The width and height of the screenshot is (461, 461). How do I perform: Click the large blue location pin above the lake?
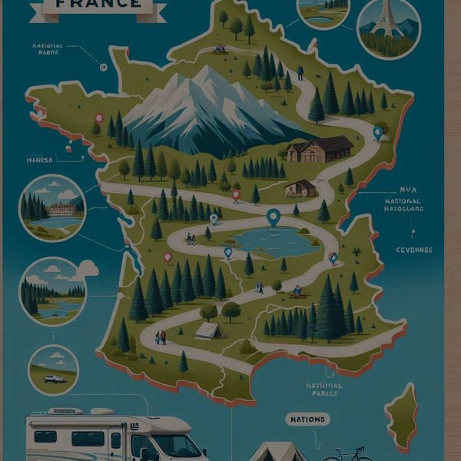(x=274, y=217)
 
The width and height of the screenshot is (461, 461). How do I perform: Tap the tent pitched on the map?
(x=210, y=330)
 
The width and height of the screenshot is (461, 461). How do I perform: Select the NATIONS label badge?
(x=308, y=420)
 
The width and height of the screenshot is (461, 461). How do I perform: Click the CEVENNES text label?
(x=414, y=250)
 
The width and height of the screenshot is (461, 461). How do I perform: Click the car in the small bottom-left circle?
(x=53, y=379)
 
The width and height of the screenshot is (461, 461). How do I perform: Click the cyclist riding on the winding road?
(x=191, y=240)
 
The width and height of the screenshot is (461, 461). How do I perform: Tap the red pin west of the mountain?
(x=98, y=118)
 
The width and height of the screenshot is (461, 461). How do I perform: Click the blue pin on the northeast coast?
(x=377, y=132)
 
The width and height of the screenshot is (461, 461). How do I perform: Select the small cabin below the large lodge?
(x=300, y=188)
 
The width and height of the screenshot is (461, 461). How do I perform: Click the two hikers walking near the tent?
(x=161, y=337)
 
